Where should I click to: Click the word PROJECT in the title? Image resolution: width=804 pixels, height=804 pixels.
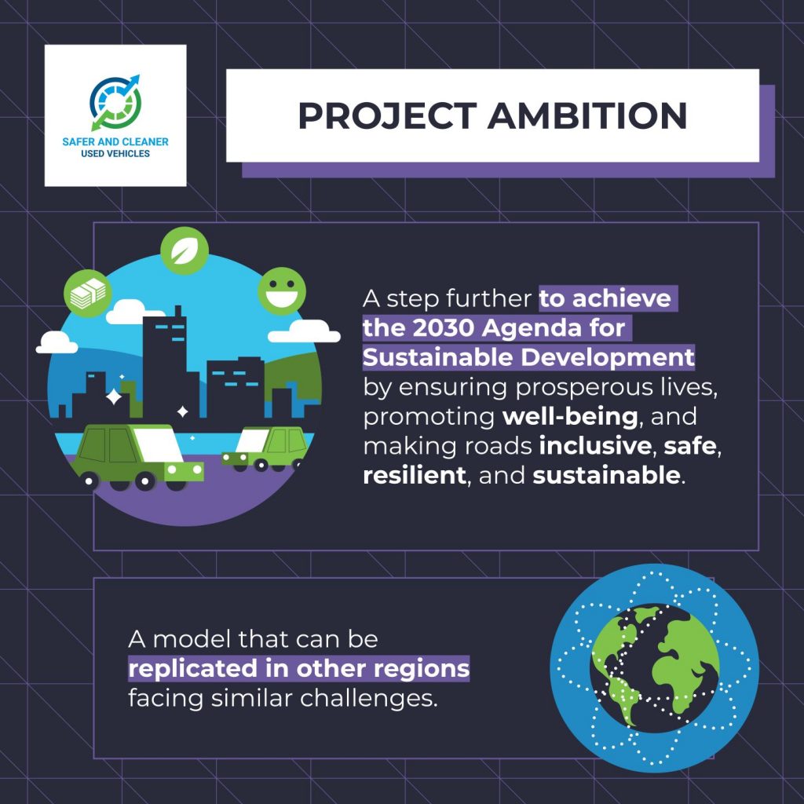point(388,115)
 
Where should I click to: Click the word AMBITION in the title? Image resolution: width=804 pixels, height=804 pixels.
point(587,115)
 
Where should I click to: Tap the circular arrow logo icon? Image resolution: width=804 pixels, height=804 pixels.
point(115,103)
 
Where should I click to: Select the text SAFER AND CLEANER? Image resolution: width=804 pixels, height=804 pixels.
point(115,141)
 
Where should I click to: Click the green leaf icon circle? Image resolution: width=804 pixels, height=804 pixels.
point(185,250)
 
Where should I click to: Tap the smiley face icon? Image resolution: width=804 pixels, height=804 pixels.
point(282,291)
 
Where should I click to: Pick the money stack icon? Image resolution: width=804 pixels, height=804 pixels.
point(88,294)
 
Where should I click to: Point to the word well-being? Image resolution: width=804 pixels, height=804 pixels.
point(570,416)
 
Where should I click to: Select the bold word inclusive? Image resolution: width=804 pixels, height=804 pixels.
point(595,446)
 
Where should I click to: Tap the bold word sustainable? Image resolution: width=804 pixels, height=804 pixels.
point(606,475)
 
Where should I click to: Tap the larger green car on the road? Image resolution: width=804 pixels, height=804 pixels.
point(137,456)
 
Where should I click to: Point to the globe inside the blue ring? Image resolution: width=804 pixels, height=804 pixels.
point(654,667)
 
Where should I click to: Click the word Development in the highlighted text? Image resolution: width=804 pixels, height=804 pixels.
point(607,357)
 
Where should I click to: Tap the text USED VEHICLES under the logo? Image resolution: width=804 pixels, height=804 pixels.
point(115,153)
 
